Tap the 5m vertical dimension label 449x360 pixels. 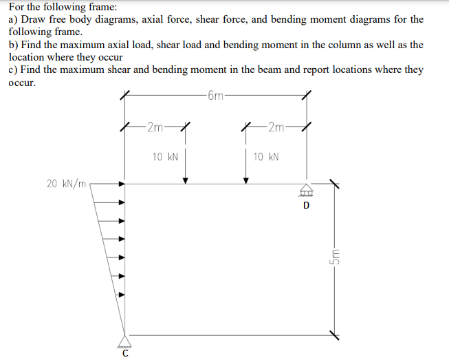pos(335,257)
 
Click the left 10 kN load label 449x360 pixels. pos(166,157)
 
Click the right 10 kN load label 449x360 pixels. pos(266,157)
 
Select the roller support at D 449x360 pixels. pos(306,189)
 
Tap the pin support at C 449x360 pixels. pos(125,339)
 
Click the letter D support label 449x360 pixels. pos(307,204)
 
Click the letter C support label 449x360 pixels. pos(124,354)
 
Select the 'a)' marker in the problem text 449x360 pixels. pos(13,19)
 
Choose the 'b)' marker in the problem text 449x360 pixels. pos(13,45)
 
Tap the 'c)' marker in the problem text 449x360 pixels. pos(13,70)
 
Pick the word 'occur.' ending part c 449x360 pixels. pos(22,83)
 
